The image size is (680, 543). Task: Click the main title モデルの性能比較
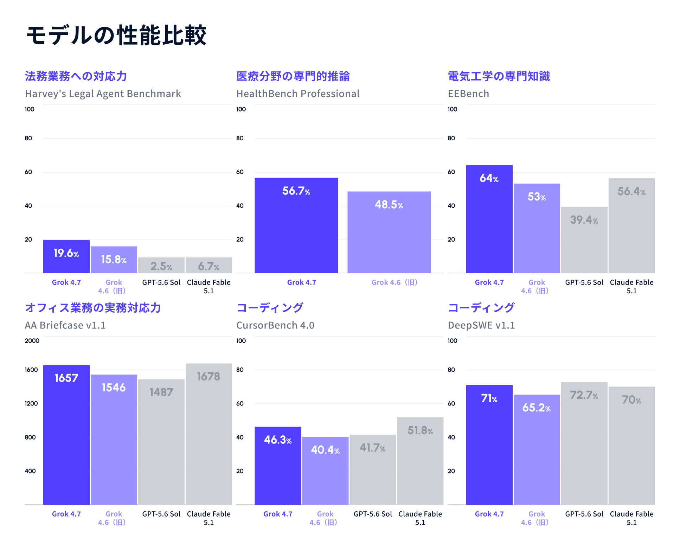click(x=116, y=35)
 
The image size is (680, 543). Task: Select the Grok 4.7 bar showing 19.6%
click(x=66, y=256)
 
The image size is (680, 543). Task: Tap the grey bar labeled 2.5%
click(x=161, y=265)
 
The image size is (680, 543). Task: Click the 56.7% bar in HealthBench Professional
click(x=296, y=225)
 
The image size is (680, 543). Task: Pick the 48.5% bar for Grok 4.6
click(x=389, y=232)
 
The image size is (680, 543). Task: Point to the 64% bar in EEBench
click(x=489, y=219)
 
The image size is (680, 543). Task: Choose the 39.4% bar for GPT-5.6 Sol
click(x=584, y=240)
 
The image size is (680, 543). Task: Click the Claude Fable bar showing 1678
click(x=209, y=434)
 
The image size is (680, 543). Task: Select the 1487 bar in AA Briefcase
click(x=161, y=442)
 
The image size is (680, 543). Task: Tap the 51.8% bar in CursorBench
click(x=420, y=461)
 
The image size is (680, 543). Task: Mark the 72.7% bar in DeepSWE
click(x=584, y=443)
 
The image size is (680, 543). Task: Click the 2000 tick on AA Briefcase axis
click(x=32, y=340)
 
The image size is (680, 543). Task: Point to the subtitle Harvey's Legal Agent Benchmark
click(x=103, y=94)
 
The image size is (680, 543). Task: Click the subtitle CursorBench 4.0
click(x=275, y=325)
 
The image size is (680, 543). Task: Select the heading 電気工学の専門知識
click(x=499, y=76)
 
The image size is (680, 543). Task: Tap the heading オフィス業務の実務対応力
click(x=93, y=308)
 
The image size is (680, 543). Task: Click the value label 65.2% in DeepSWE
click(x=537, y=408)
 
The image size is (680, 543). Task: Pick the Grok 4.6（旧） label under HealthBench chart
click(x=394, y=282)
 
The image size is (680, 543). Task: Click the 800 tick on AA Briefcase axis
click(x=30, y=437)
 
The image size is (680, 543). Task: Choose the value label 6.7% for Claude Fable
click(x=209, y=266)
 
